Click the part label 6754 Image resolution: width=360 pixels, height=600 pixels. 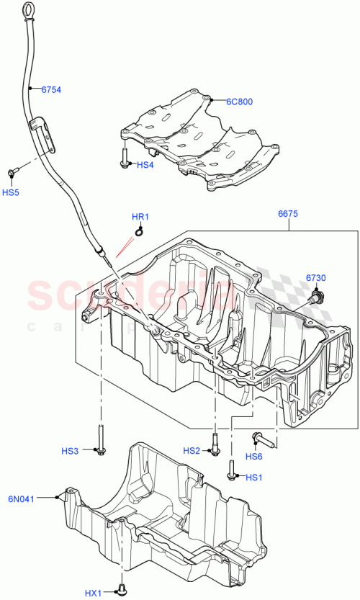point(51,90)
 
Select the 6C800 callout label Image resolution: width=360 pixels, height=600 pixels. point(240,102)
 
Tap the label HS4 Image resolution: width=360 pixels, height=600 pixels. point(145,165)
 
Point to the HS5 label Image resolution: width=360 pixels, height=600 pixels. point(10,192)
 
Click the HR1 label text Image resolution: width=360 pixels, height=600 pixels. point(140,217)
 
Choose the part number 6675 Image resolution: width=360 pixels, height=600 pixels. point(288,214)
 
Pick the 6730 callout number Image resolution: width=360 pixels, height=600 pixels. point(316,277)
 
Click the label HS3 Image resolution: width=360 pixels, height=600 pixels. point(70,451)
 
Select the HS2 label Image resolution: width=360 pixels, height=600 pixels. point(192,451)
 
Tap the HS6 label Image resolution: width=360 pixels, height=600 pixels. point(254,456)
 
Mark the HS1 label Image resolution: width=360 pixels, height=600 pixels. point(254,478)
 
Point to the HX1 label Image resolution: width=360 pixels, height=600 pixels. point(94,593)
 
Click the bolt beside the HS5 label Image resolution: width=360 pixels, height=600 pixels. point(13,172)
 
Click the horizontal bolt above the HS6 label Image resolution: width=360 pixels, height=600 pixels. point(261,437)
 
